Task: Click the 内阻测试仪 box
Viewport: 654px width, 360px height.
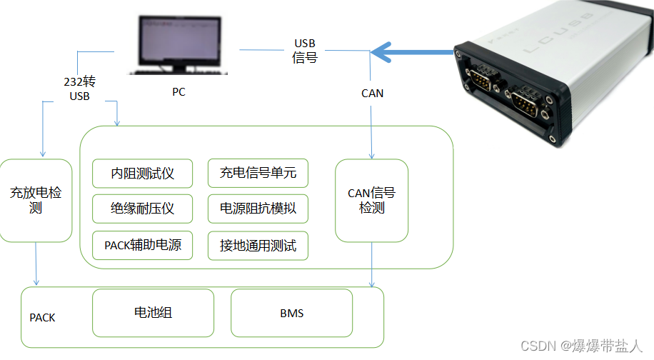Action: (143, 174)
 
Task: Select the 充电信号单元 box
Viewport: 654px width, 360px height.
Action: (258, 174)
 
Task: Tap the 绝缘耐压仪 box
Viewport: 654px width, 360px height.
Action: (143, 209)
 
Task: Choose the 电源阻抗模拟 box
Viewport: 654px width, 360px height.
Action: (258, 209)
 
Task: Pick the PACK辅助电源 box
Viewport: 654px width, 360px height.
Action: (143, 246)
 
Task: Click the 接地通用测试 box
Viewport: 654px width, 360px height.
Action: (258, 246)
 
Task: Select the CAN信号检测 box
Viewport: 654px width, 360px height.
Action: (371, 200)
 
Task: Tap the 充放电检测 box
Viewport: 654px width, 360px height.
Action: (36, 200)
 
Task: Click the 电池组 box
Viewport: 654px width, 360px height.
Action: (154, 313)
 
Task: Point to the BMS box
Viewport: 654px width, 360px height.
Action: (291, 313)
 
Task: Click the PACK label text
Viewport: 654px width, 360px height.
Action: (42, 317)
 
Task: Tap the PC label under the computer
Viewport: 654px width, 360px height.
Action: (178, 92)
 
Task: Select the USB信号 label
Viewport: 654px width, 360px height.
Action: (305, 51)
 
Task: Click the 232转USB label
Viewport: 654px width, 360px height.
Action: (79, 89)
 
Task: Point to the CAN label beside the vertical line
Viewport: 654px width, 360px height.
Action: (372, 93)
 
